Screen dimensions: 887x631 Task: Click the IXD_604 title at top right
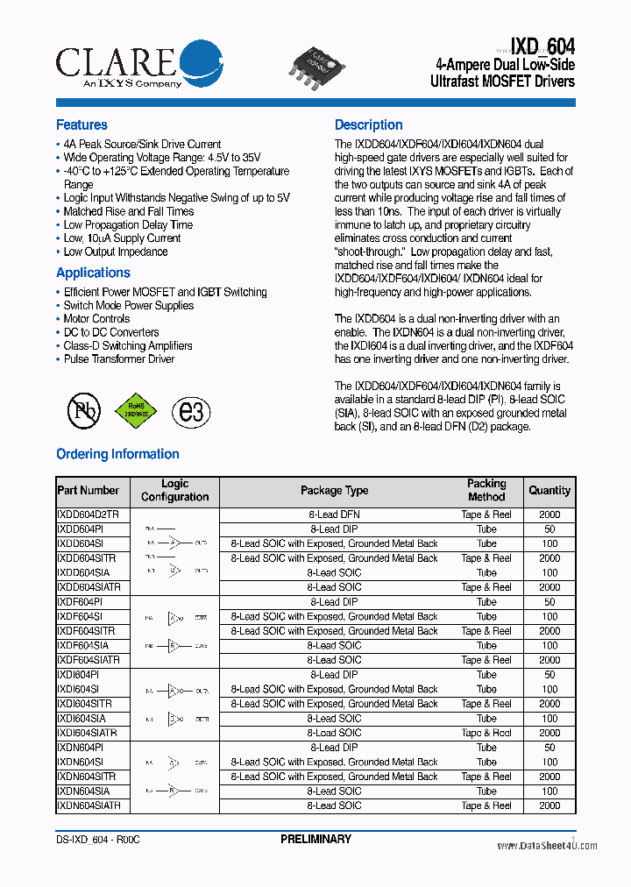[x=530, y=47]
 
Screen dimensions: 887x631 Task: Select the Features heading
[x=82, y=125]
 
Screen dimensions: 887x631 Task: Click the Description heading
[x=368, y=125]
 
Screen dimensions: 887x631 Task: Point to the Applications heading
[x=93, y=273]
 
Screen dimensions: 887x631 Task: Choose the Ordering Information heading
[x=117, y=454]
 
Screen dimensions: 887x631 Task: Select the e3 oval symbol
[x=191, y=410]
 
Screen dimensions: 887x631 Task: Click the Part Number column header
[x=88, y=491]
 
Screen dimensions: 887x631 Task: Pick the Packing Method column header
[x=486, y=490]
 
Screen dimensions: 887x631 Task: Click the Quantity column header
[x=549, y=491]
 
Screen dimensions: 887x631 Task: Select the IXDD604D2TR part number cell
[x=88, y=514]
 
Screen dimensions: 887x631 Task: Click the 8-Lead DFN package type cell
[x=334, y=514]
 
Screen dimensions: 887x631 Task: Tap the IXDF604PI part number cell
[x=80, y=602]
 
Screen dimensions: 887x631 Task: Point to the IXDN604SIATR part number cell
[x=89, y=805]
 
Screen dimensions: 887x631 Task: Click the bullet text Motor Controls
[x=96, y=319]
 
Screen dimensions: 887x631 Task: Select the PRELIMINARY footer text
[x=315, y=840]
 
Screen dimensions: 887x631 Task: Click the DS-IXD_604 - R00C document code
[x=97, y=840]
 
